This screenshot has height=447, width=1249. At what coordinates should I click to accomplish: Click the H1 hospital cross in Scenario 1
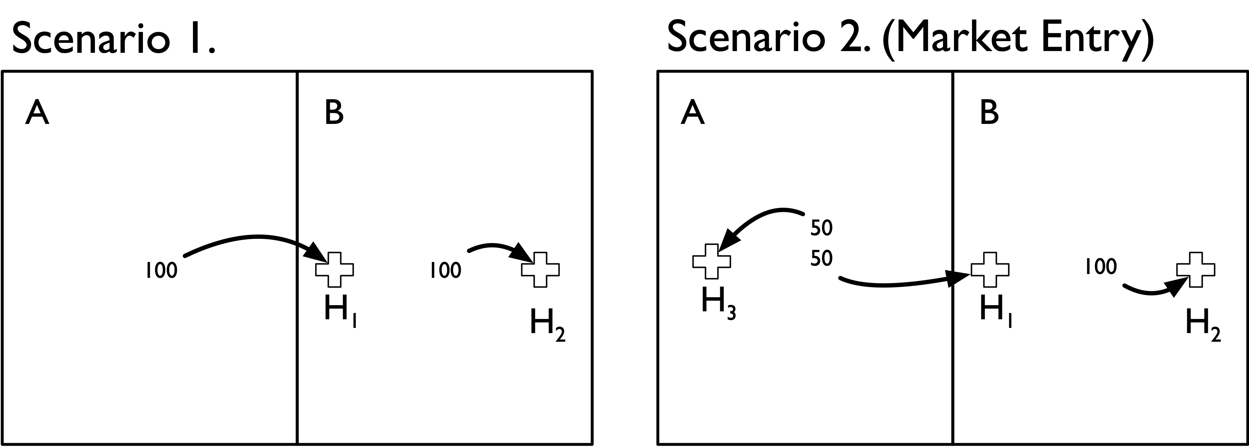(x=335, y=270)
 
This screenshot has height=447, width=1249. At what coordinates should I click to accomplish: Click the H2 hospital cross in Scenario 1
(x=540, y=270)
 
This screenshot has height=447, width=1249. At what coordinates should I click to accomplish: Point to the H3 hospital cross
(x=711, y=262)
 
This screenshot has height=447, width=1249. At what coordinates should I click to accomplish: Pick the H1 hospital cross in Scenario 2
(x=990, y=270)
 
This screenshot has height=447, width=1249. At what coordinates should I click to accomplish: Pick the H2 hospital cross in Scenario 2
(x=1196, y=270)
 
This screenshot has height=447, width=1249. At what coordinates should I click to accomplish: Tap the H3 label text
(x=718, y=304)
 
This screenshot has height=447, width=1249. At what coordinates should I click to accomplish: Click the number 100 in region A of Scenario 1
(x=161, y=270)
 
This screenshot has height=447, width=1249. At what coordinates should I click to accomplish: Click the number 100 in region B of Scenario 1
(x=445, y=270)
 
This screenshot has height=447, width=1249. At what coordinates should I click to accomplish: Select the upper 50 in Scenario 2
(x=821, y=228)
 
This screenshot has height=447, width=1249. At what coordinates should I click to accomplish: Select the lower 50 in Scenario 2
(x=821, y=259)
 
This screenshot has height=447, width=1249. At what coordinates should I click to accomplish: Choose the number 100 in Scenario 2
(x=1100, y=266)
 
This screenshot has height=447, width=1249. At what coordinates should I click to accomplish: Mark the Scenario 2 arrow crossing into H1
(x=897, y=284)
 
